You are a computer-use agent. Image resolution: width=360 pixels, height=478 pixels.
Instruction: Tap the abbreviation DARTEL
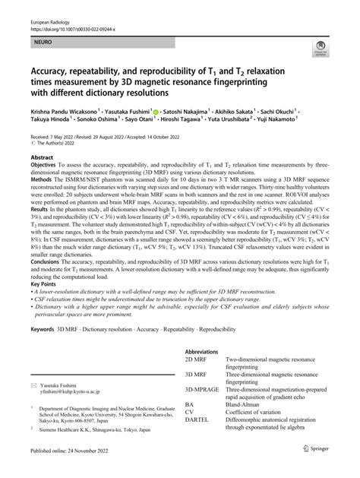point(198,445)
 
